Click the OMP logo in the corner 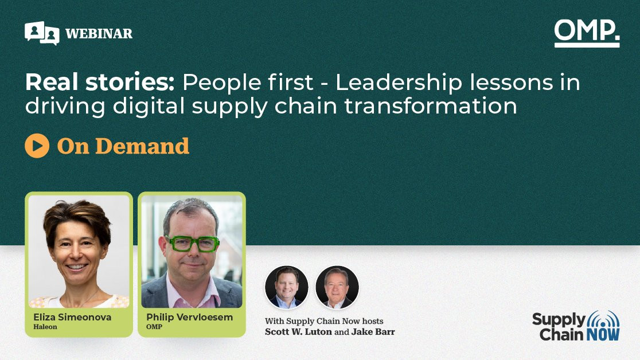[x=587, y=33]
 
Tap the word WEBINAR [x=99, y=33]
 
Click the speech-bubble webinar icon [x=42, y=33]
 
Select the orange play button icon [x=37, y=146]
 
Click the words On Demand [x=123, y=146]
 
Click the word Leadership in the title [x=399, y=83]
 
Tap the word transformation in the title [x=431, y=105]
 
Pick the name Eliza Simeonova [x=72, y=317]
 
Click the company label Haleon [x=45, y=327]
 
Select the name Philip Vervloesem [x=189, y=317]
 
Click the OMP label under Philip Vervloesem [x=154, y=327]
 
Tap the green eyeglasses [x=192, y=243]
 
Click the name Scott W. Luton [x=298, y=332]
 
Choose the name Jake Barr [x=373, y=332]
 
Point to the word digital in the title [x=149, y=106]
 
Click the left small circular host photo [x=287, y=287]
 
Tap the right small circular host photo [x=337, y=287]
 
